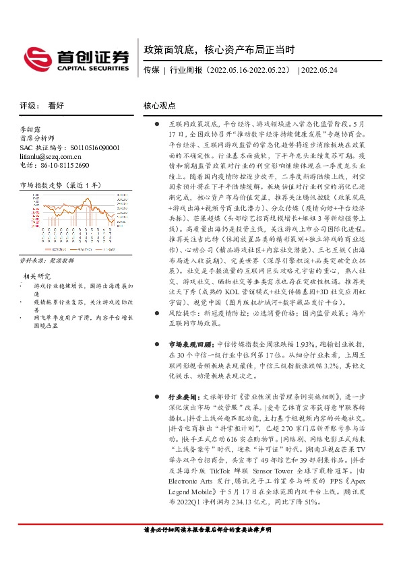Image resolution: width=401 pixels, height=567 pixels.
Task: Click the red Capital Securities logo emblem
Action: (37, 57)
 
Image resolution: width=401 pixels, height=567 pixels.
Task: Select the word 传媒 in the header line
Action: (152, 69)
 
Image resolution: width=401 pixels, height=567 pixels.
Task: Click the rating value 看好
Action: (56, 106)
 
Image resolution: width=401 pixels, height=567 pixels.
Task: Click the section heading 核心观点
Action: (160, 106)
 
